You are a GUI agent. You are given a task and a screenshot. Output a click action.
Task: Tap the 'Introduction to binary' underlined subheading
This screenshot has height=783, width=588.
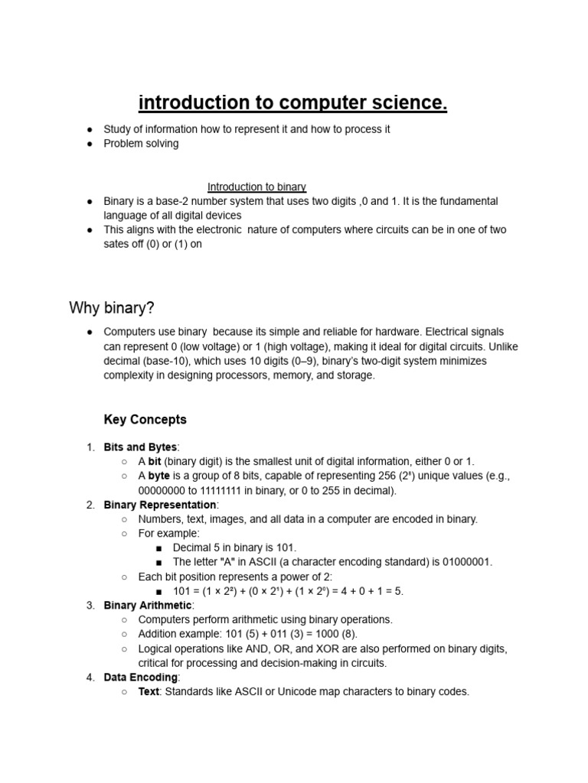click(256, 187)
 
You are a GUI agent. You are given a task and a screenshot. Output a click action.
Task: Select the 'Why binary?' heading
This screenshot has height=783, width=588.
click(112, 308)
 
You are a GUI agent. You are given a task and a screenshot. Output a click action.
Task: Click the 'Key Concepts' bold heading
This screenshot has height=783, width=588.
click(145, 420)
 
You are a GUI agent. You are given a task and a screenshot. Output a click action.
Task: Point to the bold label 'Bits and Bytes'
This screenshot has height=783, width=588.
click(140, 447)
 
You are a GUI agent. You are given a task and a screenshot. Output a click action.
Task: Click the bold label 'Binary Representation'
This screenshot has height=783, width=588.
click(160, 505)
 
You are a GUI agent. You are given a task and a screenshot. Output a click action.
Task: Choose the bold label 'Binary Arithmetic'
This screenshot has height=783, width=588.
click(148, 606)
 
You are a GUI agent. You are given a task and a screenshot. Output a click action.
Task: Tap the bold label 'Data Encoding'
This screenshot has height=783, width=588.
click(141, 677)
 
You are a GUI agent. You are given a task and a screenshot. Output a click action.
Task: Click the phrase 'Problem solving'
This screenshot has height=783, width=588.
click(141, 144)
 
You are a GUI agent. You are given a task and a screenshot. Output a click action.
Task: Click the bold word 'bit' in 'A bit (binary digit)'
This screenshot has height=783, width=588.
click(155, 461)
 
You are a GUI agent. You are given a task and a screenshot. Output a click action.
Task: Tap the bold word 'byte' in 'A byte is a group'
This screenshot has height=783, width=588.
click(158, 476)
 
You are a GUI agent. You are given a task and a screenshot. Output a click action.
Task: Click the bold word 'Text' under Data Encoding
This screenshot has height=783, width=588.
click(149, 691)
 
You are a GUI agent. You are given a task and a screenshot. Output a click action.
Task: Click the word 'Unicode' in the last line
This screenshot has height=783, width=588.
click(285, 691)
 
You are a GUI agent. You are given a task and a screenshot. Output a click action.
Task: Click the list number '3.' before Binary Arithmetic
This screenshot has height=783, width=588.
click(90, 606)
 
